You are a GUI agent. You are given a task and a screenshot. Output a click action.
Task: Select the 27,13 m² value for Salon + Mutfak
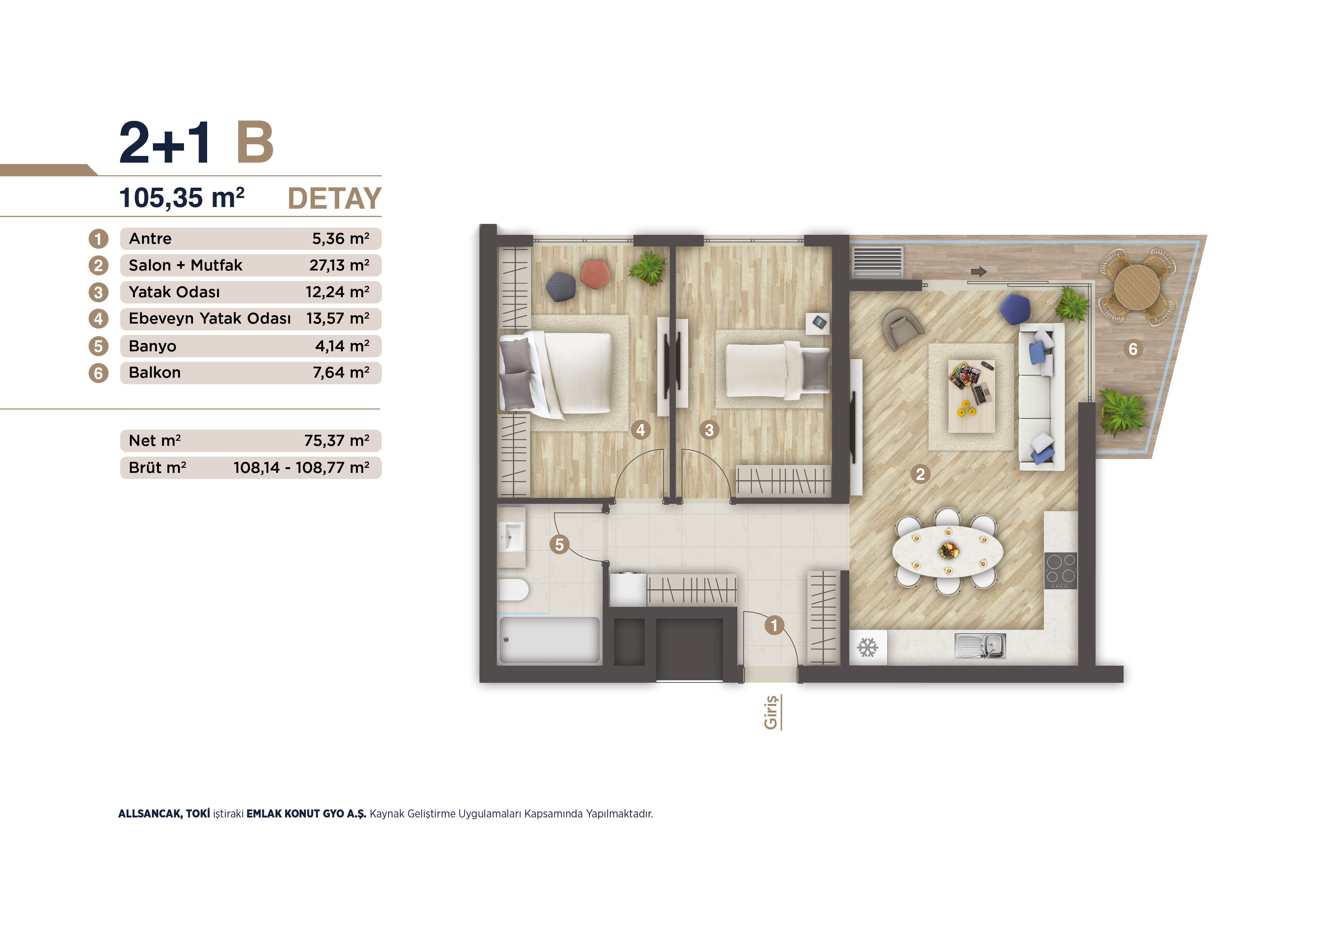coord(339,265)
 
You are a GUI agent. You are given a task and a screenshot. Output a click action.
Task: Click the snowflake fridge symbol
coord(867,647)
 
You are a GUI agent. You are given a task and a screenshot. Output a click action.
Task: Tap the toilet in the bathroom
coord(514,589)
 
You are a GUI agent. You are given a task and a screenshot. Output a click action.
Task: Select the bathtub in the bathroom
coord(549,639)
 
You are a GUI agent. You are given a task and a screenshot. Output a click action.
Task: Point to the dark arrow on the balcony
coord(979,271)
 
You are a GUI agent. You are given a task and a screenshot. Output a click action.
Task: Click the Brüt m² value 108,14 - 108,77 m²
coord(302,468)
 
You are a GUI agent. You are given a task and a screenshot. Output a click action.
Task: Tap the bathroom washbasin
coord(512,536)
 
